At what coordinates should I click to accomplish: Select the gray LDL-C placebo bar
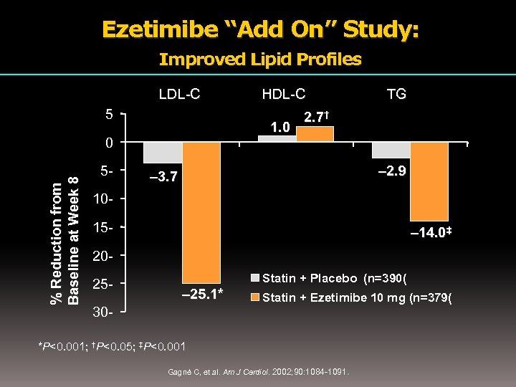(163, 152)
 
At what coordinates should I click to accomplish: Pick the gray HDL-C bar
(276, 138)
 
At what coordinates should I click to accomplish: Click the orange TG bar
(429, 181)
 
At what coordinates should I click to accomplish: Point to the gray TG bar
(391, 149)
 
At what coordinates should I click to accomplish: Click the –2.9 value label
(392, 172)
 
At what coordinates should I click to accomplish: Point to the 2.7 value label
(316, 117)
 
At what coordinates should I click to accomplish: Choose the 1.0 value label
(279, 127)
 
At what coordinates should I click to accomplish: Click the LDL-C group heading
(178, 93)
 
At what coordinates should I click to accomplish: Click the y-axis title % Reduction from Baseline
(64, 240)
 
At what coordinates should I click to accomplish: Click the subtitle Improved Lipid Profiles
(260, 59)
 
